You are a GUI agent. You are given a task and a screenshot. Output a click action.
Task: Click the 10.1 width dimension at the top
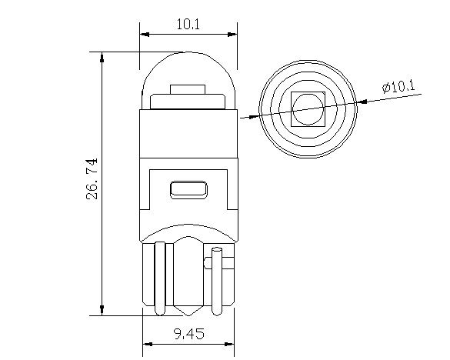[188, 24]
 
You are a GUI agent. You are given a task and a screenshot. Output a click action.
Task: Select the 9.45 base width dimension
[188, 335]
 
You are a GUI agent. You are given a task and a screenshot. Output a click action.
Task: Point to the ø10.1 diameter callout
[398, 86]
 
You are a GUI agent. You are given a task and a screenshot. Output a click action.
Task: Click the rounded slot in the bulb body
[188, 188]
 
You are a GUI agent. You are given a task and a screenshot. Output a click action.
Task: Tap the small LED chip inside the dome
[188, 89]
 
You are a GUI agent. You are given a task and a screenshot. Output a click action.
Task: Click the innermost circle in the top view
[308, 109]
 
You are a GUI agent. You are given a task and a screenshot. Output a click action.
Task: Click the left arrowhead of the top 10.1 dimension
[144, 35]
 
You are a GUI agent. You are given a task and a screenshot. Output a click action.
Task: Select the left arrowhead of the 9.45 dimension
[148, 342]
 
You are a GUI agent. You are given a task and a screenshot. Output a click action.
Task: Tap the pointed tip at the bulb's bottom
[188, 314]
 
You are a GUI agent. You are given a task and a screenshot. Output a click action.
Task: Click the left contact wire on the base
[159, 277]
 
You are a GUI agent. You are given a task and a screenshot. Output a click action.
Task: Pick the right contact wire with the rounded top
[218, 277]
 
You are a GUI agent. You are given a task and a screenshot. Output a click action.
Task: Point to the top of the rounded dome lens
[188, 54]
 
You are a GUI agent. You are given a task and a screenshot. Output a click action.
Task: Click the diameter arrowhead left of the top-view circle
[254, 116]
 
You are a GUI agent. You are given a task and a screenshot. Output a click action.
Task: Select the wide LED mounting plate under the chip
[188, 102]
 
